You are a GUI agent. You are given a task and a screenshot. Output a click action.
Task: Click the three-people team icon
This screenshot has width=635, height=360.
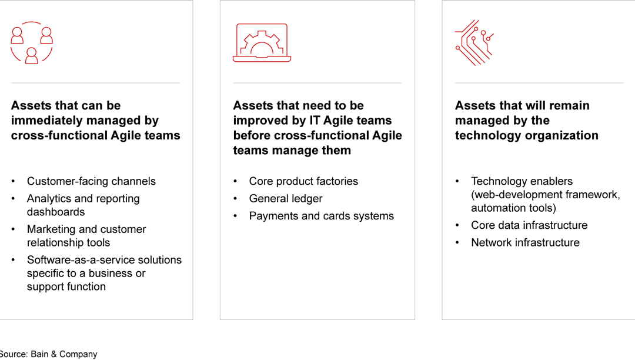(x=32, y=43)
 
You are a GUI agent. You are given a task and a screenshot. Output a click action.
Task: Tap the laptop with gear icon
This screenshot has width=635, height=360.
(x=262, y=43)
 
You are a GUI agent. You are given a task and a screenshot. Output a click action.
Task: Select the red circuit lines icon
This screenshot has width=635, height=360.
(x=474, y=43)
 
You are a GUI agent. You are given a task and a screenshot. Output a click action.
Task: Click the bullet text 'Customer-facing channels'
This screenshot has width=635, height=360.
(x=91, y=181)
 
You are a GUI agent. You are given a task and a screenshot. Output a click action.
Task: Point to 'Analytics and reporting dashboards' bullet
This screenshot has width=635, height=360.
(x=83, y=205)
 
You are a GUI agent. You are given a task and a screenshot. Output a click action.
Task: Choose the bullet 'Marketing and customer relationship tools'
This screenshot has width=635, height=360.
(x=86, y=236)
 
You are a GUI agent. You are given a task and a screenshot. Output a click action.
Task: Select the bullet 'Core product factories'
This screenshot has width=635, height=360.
(x=303, y=181)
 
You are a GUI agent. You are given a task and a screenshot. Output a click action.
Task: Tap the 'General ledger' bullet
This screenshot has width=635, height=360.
(x=286, y=199)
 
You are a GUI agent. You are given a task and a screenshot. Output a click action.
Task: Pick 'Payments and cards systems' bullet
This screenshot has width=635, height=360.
(x=321, y=216)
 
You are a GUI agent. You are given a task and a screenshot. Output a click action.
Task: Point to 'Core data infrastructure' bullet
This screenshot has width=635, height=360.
(x=529, y=225)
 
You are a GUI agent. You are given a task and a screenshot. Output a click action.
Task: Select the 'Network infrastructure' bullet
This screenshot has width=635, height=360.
(x=525, y=242)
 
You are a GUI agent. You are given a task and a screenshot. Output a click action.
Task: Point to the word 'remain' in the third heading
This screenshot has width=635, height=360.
(x=570, y=106)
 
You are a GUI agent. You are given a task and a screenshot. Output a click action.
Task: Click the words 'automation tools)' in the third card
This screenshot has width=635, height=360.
(x=513, y=208)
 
